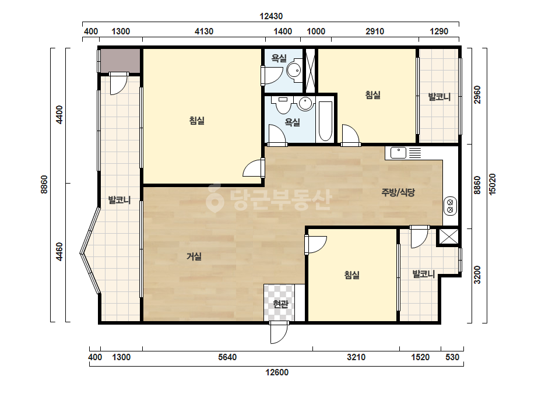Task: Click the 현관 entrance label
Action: click(x=280, y=304)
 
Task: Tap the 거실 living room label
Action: click(x=194, y=256)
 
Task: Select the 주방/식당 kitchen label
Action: click(x=398, y=192)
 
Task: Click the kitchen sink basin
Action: click(x=398, y=153)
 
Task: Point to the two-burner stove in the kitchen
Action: click(x=450, y=206)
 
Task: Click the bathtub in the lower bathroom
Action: click(x=325, y=121)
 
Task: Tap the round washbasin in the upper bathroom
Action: click(x=293, y=70)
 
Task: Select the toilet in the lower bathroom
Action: click(x=283, y=105)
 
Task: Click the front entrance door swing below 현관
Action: click(x=279, y=332)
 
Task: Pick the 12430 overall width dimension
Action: click(x=271, y=16)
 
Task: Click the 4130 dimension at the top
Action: click(x=204, y=31)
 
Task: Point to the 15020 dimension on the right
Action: click(x=493, y=184)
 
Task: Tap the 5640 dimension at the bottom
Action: click(x=227, y=357)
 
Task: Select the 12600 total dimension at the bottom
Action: click(x=277, y=372)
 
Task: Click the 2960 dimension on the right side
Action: click(x=477, y=95)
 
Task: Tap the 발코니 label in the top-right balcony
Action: click(x=439, y=97)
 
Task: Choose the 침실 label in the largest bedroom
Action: click(x=197, y=121)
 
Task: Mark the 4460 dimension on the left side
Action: click(x=59, y=252)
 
